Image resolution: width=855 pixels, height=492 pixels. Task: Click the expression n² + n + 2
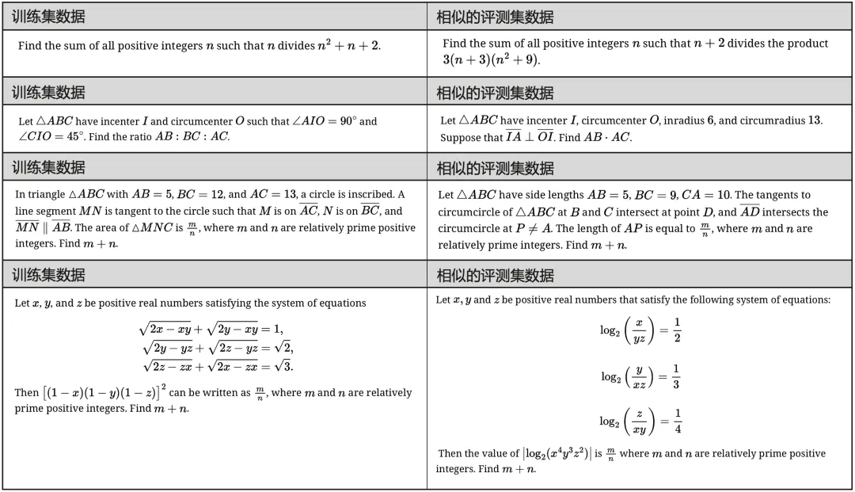click(348, 46)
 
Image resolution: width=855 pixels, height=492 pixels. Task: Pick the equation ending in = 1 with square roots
click(211, 330)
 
